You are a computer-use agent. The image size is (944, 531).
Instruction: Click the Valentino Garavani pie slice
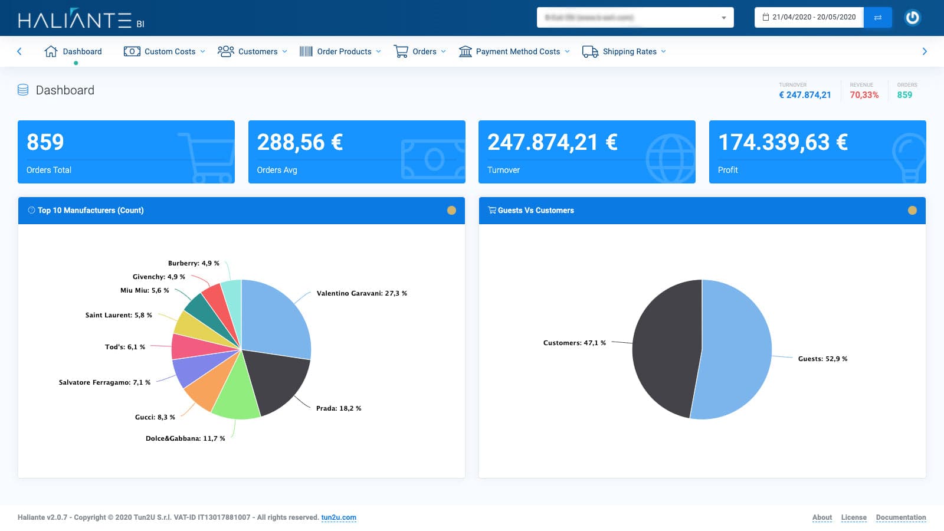[x=274, y=319]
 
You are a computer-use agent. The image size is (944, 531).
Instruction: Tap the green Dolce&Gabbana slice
[x=236, y=395]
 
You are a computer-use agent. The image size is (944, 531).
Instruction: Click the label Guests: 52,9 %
[x=822, y=359]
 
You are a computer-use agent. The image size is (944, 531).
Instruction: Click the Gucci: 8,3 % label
[x=155, y=417]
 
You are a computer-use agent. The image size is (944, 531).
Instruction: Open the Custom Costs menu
[x=165, y=51]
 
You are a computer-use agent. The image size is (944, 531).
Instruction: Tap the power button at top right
[x=912, y=17]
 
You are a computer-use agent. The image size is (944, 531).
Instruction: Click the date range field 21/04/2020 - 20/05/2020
[x=809, y=17]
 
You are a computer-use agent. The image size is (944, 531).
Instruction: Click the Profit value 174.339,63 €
[x=782, y=142]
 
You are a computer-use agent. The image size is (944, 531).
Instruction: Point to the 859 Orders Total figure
[x=45, y=142]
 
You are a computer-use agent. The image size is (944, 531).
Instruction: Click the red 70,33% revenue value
[x=864, y=95]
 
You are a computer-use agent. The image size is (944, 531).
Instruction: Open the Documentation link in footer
[x=900, y=517]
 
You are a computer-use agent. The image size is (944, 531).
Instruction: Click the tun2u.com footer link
[x=339, y=517]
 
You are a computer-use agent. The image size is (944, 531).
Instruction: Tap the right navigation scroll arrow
[x=925, y=51]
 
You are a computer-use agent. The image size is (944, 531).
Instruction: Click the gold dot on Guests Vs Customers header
[x=912, y=211]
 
